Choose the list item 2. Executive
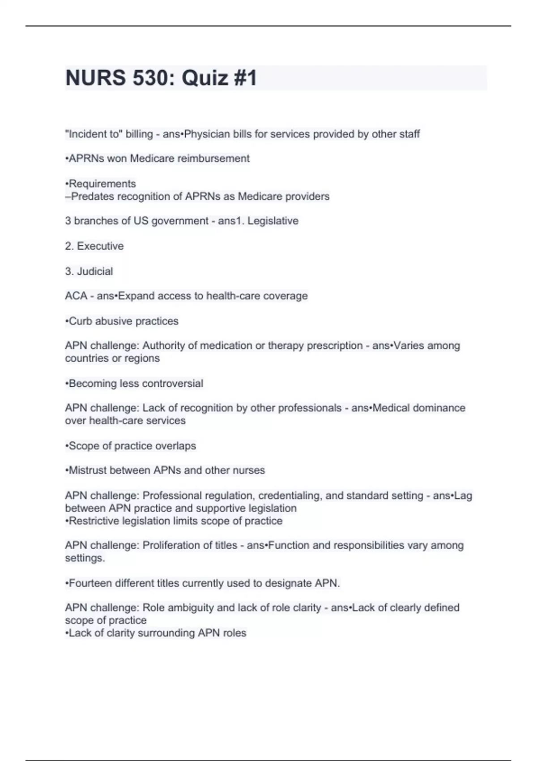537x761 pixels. click(x=94, y=246)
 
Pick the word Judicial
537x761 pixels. click(x=95, y=271)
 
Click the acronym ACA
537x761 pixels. click(x=76, y=296)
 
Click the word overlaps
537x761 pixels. click(x=175, y=446)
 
